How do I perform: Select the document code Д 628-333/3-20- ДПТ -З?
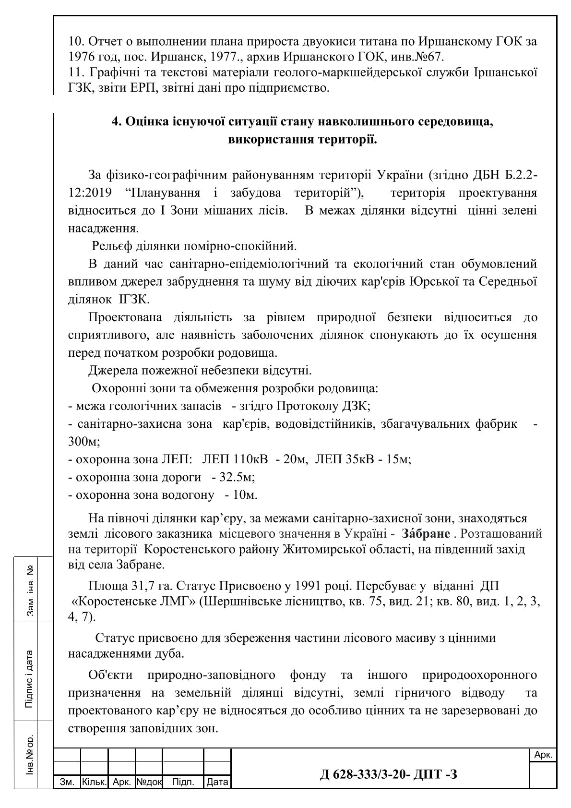pos(388,774)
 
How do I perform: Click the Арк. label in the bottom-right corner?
pos(543,755)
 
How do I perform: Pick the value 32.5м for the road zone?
pos(237,477)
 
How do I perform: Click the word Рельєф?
pos(111,246)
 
